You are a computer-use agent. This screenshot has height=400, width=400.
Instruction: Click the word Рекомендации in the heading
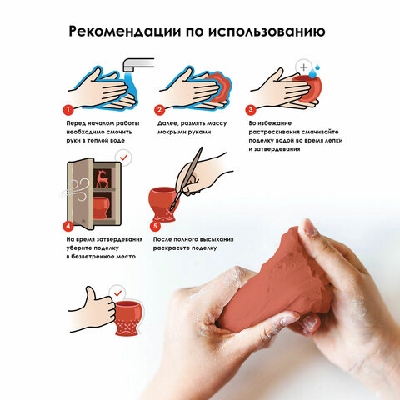pyautogui.click(x=124, y=32)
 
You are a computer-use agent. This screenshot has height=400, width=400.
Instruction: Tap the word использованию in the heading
pyautogui.click(x=267, y=32)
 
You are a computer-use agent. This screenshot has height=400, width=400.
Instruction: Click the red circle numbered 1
pyautogui.click(x=68, y=110)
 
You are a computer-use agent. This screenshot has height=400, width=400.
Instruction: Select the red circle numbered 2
pyautogui.click(x=159, y=110)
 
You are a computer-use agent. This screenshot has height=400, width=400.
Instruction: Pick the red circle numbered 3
pyautogui.click(x=251, y=110)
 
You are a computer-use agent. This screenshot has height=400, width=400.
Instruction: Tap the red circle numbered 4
pyautogui.click(x=68, y=226)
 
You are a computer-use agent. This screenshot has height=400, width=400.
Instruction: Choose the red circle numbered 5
pyautogui.click(x=155, y=226)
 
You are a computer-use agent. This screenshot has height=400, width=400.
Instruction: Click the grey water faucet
pyautogui.click(x=138, y=65)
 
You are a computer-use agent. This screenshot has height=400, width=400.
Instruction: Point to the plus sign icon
pyautogui.click(x=304, y=67)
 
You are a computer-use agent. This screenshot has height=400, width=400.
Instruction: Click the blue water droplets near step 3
pyautogui.click(x=314, y=72)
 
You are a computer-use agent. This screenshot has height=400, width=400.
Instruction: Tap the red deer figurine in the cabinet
pyautogui.click(x=102, y=178)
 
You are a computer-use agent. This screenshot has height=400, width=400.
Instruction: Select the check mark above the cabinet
pyautogui.click(x=123, y=157)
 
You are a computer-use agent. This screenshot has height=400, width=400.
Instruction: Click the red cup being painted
pyautogui.click(x=163, y=204)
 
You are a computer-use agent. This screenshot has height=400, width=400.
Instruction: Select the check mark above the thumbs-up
pyautogui.click(x=117, y=293)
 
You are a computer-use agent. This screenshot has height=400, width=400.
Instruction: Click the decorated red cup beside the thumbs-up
pyautogui.click(x=127, y=317)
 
